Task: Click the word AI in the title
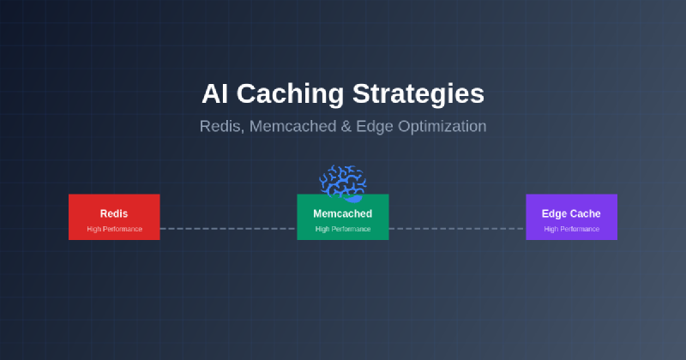tap(214, 93)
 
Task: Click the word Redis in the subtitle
tap(220, 126)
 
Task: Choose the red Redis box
tap(114, 217)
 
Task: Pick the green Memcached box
tap(342, 217)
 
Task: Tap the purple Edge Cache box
tap(571, 217)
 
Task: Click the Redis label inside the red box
tap(114, 213)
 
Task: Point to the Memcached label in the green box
tap(342, 213)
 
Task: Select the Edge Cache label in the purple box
tap(571, 213)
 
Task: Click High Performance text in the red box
tap(114, 229)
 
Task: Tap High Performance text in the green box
tap(342, 229)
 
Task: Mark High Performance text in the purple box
tap(571, 229)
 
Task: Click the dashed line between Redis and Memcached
tap(228, 229)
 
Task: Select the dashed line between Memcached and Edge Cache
tap(457, 229)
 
